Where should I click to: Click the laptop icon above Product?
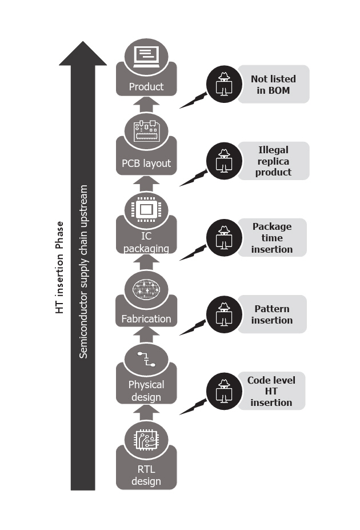[146, 56]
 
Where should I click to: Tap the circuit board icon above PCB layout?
[146, 131]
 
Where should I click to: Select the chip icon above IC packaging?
[146, 208]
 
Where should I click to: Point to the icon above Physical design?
[146, 360]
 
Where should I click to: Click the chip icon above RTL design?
[146, 439]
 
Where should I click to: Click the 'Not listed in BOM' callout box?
[273, 84]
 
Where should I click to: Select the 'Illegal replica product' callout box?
[273, 161]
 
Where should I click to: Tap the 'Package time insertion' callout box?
[272, 238]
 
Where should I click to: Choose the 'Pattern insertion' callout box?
[272, 314]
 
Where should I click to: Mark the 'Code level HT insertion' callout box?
[270, 391]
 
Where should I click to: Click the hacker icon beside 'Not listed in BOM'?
[223, 84]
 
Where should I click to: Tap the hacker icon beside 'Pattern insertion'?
[223, 314]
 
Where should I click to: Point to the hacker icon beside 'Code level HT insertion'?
[223, 391]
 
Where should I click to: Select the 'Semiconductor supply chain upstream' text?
[84, 271]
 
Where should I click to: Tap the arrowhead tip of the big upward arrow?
[83, 45]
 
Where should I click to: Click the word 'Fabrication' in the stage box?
[146, 318]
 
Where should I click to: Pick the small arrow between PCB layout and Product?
[146, 105]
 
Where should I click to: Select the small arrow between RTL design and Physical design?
[146, 412]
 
